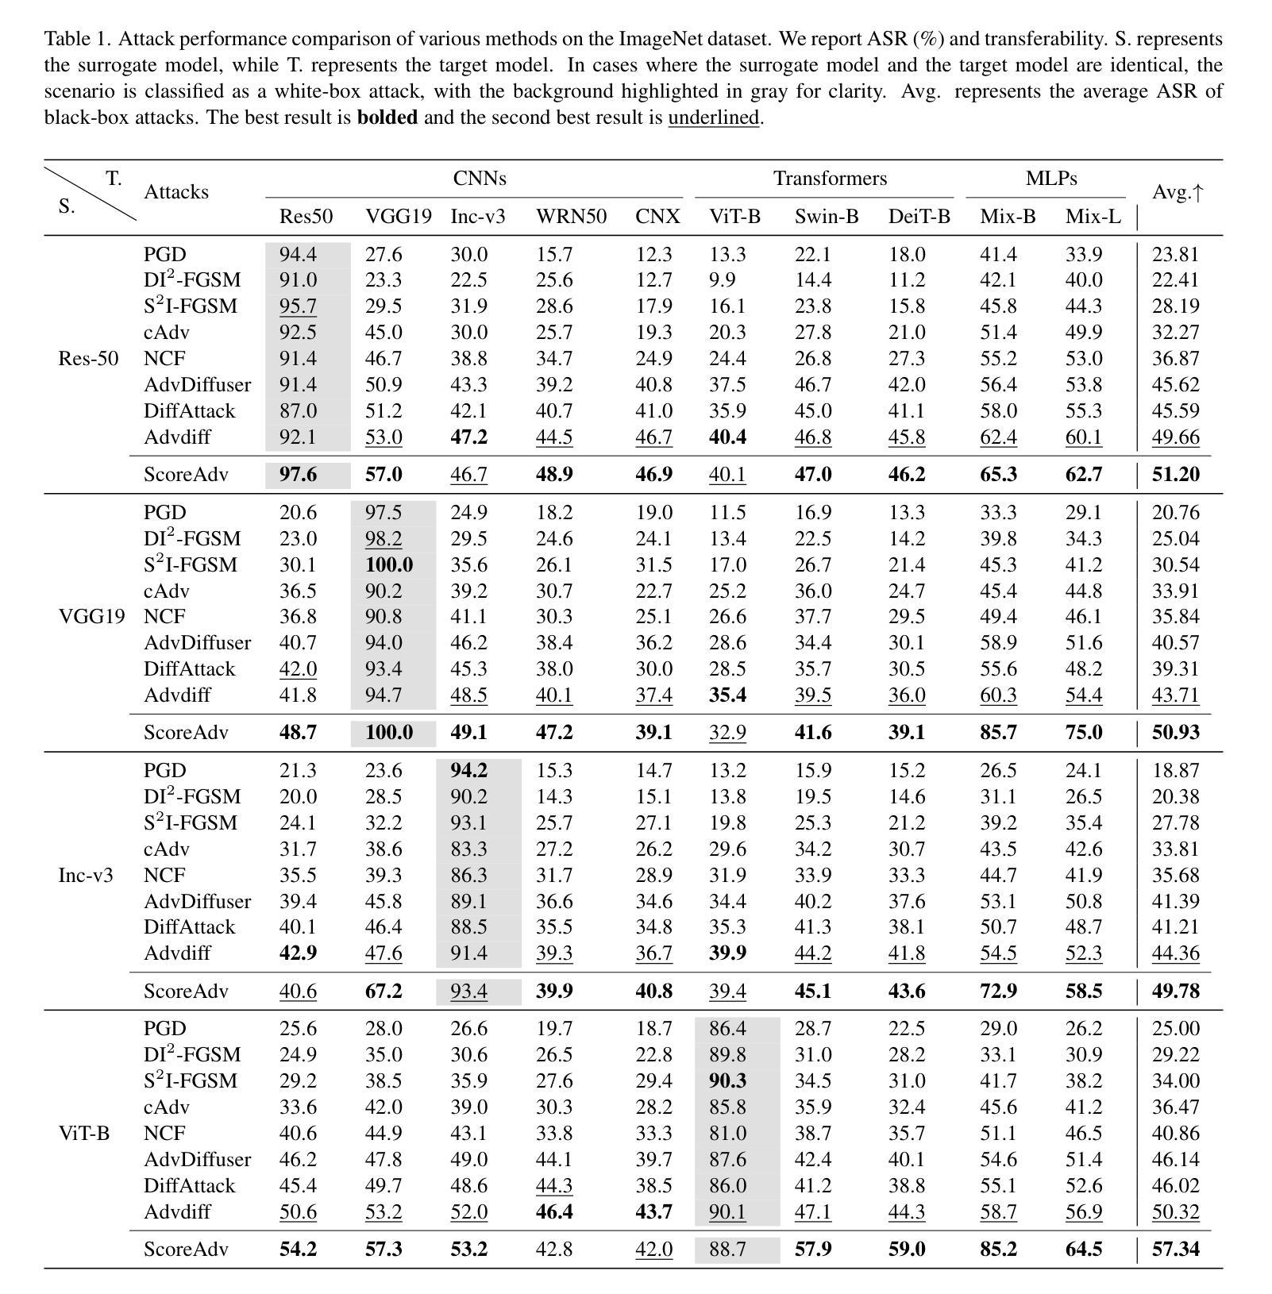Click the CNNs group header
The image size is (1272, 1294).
click(479, 179)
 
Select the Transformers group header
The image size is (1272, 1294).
click(830, 179)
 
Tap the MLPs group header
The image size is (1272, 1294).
click(1050, 179)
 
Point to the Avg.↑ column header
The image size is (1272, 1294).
click(1178, 192)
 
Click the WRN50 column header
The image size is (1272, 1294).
click(571, 217)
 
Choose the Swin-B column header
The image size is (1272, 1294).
click(826, 217)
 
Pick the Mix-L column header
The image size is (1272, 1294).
click(1093, 217)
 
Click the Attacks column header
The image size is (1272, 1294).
click(176, 192)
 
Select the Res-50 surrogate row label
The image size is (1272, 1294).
click(88, 359)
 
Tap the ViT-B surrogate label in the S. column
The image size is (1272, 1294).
click(83, 1134)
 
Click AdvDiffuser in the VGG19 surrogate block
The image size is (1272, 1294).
click(197, 643)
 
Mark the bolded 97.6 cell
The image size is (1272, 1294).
click(299, 475)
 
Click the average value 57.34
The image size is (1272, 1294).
click(1175, 1250)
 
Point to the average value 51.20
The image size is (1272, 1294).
click(1175, 475)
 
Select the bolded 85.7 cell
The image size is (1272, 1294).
click(998, 733)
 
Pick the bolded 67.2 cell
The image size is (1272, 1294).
click(384, 992)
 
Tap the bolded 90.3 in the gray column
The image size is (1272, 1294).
click(727, 1081)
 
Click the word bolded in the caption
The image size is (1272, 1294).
click(387, 118)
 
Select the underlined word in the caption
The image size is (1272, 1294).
click(714, 118)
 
